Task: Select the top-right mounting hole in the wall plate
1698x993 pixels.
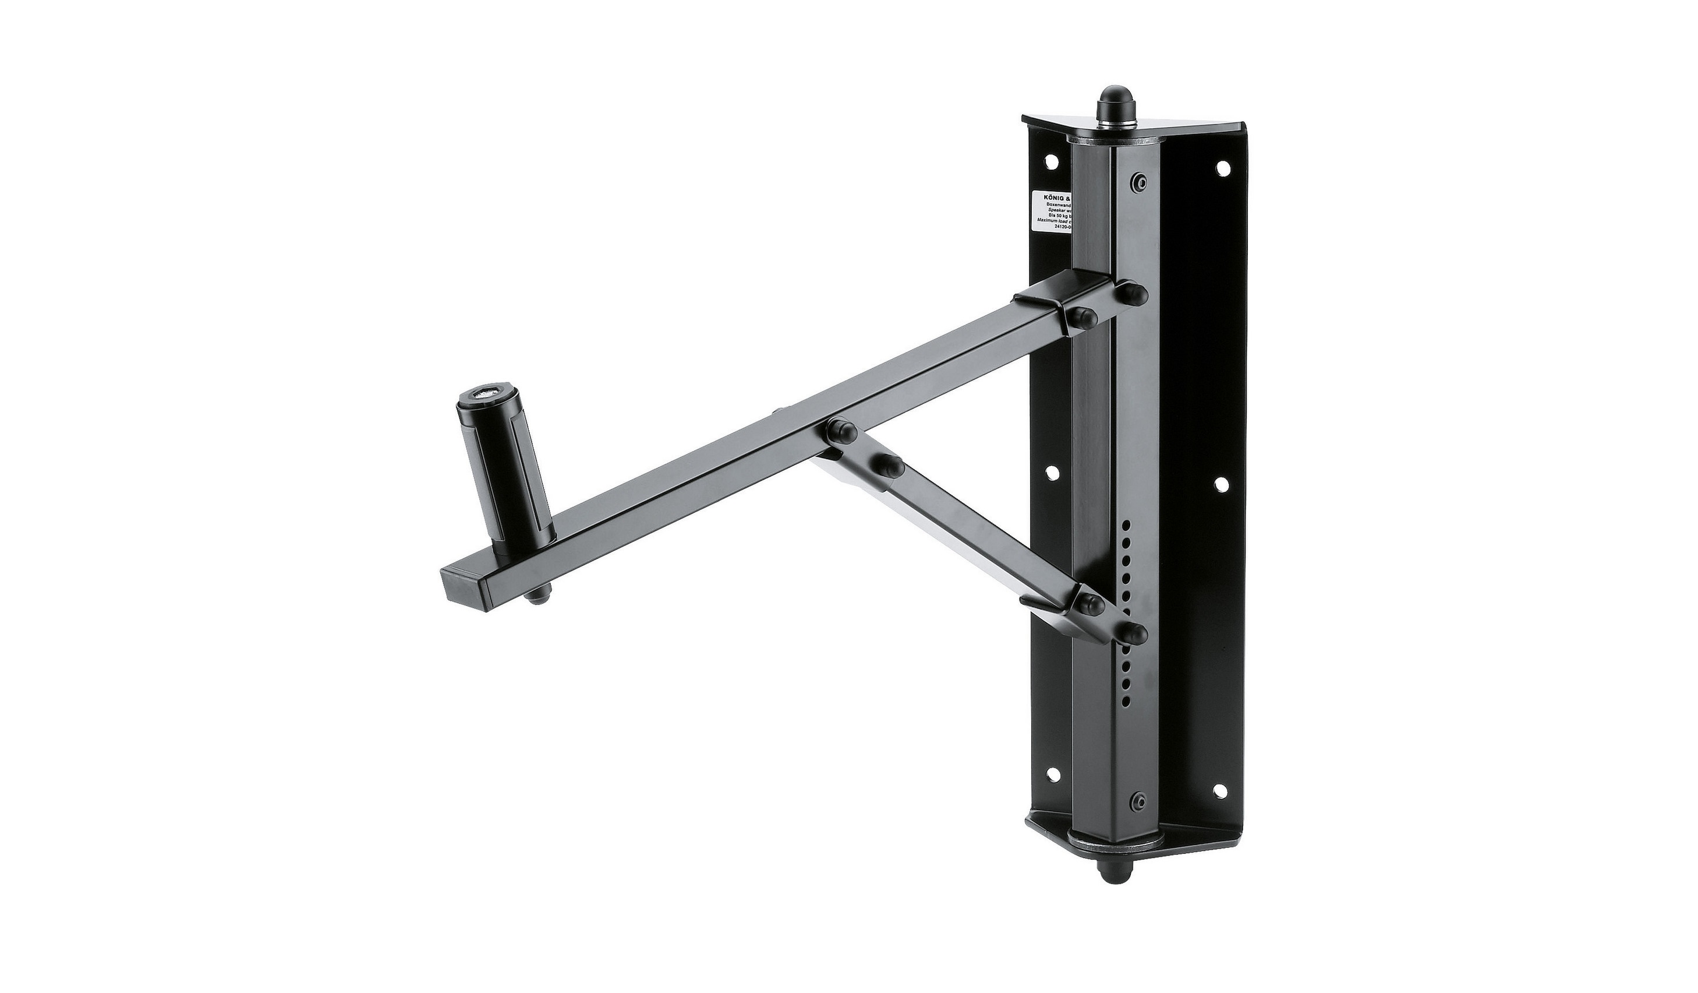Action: (1221, 168)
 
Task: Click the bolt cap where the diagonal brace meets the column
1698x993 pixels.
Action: (1136, 633)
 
